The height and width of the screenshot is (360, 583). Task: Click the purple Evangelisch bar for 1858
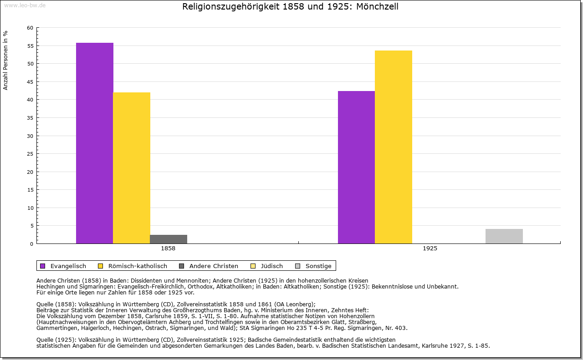[x=94, y=143]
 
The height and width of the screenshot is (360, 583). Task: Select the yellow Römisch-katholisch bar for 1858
[x=132, y=168]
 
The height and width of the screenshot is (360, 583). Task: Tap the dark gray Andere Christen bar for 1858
[x=169, y=239]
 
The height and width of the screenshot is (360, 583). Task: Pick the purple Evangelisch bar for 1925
[x=356, y=167]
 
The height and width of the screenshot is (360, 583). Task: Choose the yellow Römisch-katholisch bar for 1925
[x=394, y=147]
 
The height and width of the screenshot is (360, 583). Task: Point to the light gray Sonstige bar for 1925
[x=504, y=236]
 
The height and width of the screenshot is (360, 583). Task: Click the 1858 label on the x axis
[x=168, y=249]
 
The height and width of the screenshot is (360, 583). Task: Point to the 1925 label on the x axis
[x=430, y=249]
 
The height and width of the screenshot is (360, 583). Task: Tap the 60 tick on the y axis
[x=30, y=28]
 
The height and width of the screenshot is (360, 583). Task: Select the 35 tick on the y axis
[x=30, y=118]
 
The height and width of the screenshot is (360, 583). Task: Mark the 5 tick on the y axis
[x=31, y=226]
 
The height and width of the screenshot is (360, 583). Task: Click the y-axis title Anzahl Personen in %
[x=5, y=60]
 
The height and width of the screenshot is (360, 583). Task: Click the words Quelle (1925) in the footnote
[x=56, y=340]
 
